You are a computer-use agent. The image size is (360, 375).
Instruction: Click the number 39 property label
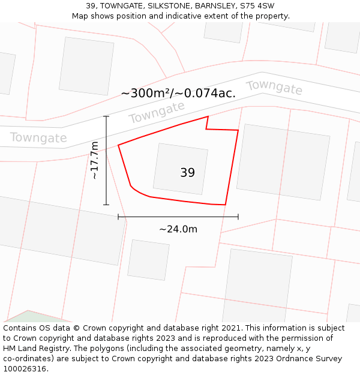pyautogui.click(x=187, y=173)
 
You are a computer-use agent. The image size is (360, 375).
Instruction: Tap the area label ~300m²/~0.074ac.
pyautogui.click(x=178, y=93)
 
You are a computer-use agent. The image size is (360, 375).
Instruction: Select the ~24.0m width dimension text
pyautogui.click(x=178, y=229)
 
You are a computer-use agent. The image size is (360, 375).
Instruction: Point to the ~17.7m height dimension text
pyautogui.click(x=95, y=160)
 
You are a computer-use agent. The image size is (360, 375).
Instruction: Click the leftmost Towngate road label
pyautogui.click(x=38, y=138)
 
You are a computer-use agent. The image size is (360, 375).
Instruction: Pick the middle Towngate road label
pyautogui.click(x=157, y=112)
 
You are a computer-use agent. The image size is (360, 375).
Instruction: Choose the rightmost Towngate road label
pyautogui.click(x=274, y=87)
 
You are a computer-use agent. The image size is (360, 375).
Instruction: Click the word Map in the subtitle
pyautogui.click(x=81, y=16)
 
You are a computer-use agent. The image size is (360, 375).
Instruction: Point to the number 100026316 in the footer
pyautogui.click(x=24, y=369)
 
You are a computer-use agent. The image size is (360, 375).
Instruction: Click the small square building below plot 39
pyautogui.click(x=148, y=260)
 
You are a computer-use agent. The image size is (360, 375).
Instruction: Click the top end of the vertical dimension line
pyautogui.click(x=106, y=116)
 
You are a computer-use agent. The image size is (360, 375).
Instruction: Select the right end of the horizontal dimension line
pyautogui.click(x=238, y=217)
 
